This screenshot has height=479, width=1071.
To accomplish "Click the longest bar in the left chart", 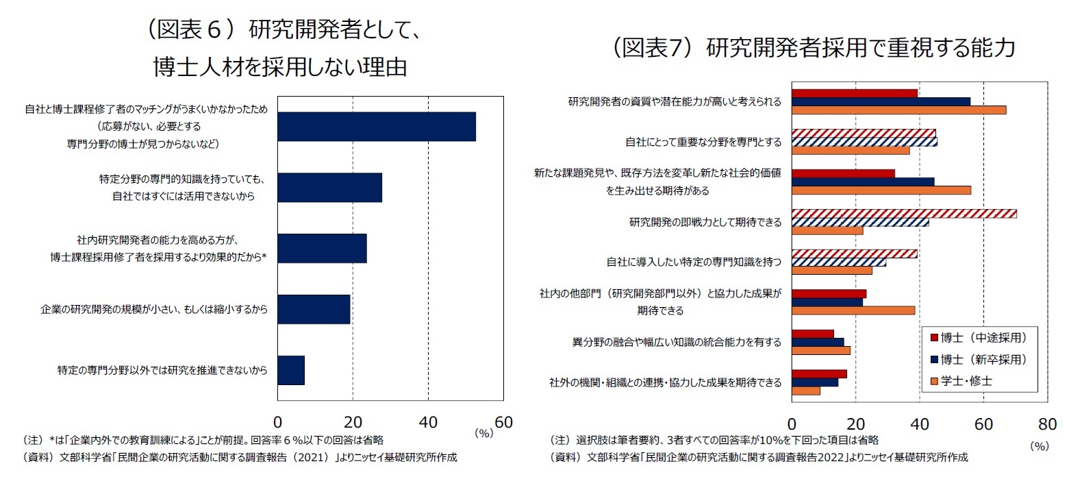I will point(376,126).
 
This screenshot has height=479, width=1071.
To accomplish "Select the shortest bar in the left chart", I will point(291,370).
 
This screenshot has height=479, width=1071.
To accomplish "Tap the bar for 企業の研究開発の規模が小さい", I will point(314,310).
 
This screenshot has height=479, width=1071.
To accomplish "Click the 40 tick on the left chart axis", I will point(428,422).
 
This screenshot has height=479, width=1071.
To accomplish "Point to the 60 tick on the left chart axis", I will point(503,422).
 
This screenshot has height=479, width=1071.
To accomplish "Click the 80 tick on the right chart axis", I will point(1048,422).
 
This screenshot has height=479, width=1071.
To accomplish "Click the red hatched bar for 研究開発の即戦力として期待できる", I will point(904,213).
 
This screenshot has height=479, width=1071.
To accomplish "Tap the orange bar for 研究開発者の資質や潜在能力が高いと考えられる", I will point(898,110).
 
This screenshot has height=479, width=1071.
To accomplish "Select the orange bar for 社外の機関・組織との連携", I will point(806,391).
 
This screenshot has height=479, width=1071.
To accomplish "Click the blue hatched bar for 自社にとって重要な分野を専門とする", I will point(864,141).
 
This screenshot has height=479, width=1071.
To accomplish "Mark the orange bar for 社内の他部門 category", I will point(853,310).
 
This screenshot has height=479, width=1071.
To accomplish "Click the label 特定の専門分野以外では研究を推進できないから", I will point(162,370).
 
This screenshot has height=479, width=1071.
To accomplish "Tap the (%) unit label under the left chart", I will point(483,433).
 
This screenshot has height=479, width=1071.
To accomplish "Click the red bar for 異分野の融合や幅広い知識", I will point(812,334).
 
